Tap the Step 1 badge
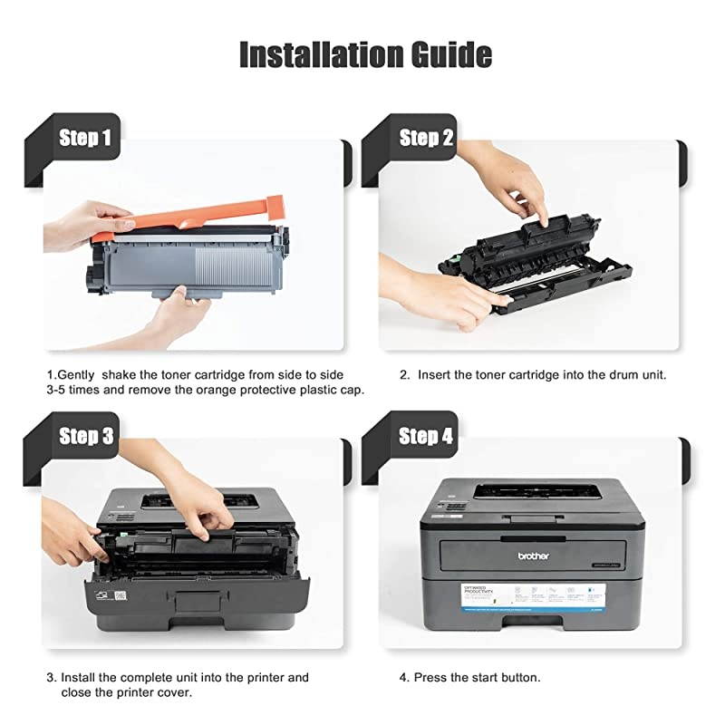point(85,138)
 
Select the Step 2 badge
point(426,138)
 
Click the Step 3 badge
point(85,436)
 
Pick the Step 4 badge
point(426,436)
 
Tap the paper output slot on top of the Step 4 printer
point(540,491)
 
